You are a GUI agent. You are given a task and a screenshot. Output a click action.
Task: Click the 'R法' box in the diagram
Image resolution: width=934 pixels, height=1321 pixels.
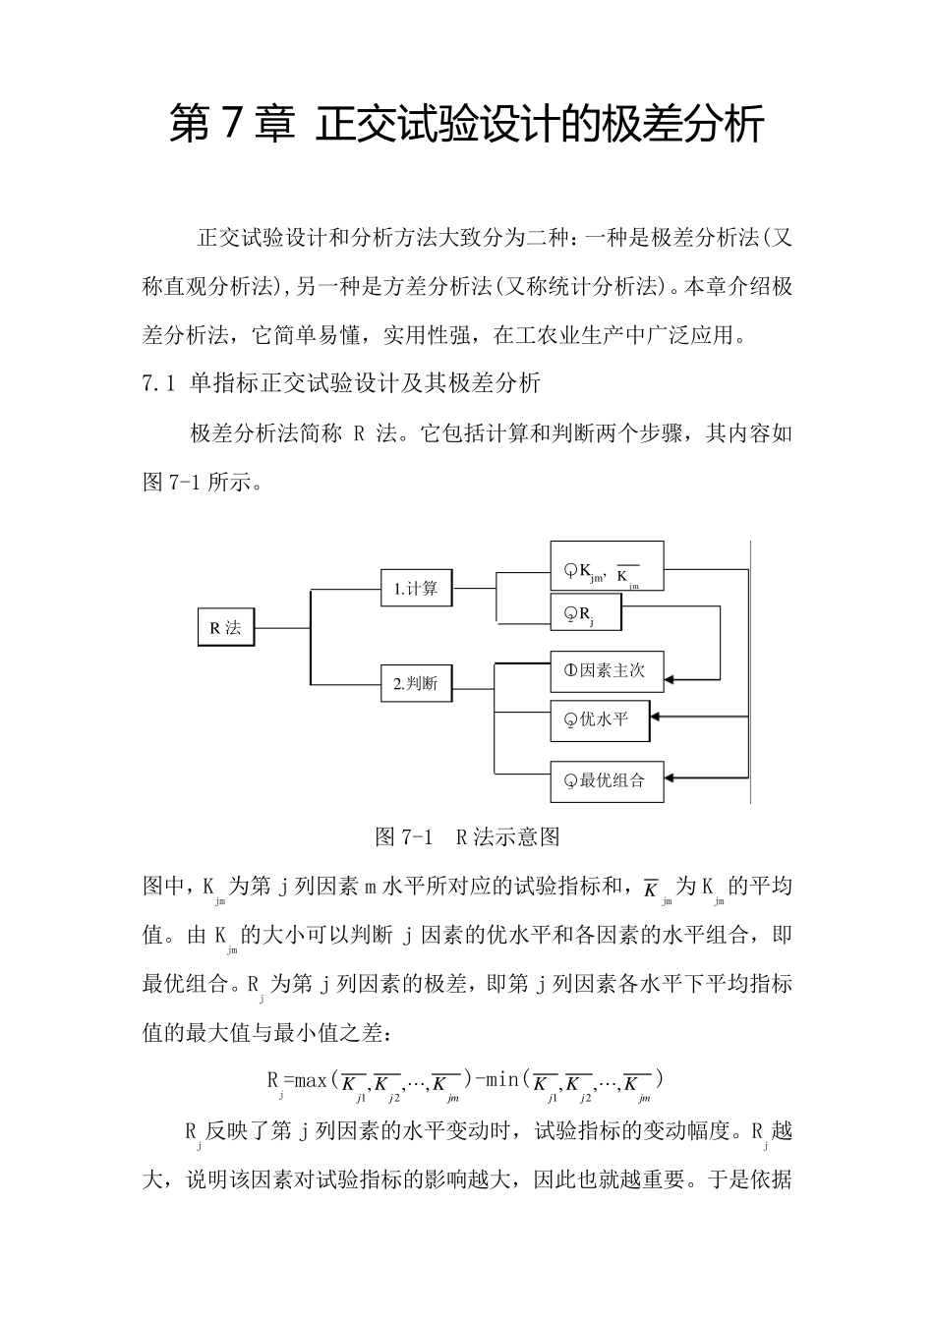tap(225, 628)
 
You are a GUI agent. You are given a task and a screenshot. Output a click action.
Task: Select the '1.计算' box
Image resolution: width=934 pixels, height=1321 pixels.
tap(416, 590)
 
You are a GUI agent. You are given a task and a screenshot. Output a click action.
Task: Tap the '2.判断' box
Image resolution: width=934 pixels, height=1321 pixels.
tap(416, 684)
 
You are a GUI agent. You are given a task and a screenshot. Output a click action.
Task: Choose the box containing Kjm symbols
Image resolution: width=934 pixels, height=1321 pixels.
tap(606, 567)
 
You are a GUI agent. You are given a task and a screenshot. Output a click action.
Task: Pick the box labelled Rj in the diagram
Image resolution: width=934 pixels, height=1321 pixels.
tap(585, 615)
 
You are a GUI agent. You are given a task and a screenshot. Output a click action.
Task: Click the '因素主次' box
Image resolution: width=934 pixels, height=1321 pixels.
tap(606, 671)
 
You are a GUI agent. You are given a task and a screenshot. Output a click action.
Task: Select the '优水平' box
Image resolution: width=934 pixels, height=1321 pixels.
tap(599, 720)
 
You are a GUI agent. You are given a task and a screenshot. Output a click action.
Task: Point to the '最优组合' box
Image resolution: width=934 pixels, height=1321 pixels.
tap(606, 780)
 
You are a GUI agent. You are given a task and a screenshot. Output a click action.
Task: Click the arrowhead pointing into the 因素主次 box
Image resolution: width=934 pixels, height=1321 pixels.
tap(671, 678)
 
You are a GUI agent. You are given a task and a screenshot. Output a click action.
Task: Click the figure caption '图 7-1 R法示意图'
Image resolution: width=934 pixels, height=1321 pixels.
tap(467, 837)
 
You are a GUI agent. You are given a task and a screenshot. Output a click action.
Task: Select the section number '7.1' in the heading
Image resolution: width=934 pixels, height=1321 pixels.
tap(158, 383)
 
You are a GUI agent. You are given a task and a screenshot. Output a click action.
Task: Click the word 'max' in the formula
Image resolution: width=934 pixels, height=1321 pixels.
tap(312, 1079)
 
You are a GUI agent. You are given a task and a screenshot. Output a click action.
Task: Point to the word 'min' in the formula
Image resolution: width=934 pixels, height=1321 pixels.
tap(503, 1079)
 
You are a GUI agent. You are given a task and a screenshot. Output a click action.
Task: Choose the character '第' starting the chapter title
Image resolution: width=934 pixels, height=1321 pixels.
tap(188, 126)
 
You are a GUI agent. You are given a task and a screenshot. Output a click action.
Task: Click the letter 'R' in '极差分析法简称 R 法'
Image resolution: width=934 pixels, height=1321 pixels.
tap(359, 433)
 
